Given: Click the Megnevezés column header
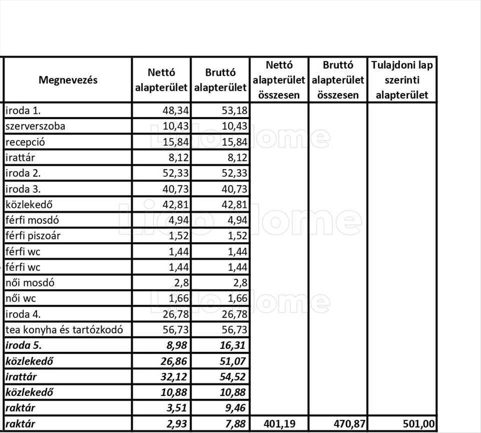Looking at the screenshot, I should click(x=68, y=80).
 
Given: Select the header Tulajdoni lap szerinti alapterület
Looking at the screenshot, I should click(x=402, y=80).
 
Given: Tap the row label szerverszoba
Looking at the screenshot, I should click(x=36, y=126).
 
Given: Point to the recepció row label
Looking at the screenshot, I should click(x=25, y=142).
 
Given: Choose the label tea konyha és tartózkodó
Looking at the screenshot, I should click(x=64, y=330).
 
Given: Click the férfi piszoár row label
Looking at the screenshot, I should click(x=33, y=236).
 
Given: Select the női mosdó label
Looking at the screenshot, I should click(x=30, y=283).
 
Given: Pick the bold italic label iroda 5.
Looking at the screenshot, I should click(x=23, y=346).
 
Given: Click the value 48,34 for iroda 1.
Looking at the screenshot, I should click(x=176, y=111).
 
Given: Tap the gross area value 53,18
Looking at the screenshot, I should click(x=235, y=111).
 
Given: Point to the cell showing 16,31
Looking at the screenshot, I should click(x=233, y=346).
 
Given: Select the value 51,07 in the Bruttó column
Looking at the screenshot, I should click(x=233, y=361).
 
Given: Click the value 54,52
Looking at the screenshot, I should click(x=233, y=377).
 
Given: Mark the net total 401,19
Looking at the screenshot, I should click(x=279, y=424).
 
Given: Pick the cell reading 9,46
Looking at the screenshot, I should click(x=236, y=408).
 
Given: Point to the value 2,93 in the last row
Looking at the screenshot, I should click(x=178, y=424).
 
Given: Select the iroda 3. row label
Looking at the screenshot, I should click(x=23, y=189).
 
